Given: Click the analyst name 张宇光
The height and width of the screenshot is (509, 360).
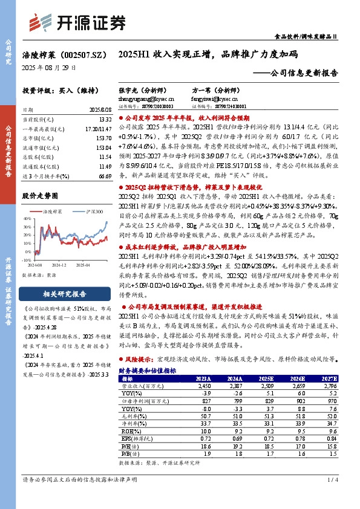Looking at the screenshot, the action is point(128,88).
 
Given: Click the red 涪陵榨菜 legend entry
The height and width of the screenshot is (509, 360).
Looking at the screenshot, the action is point(53,212).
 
